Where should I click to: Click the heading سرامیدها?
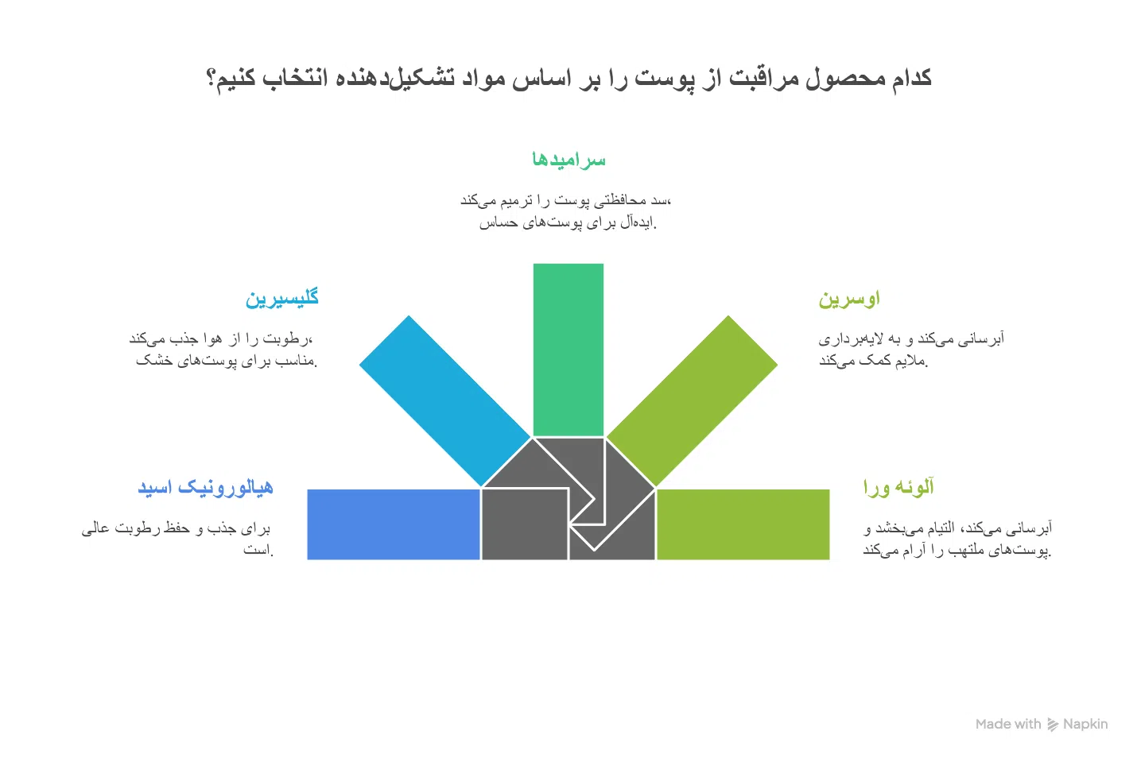click(568, 160)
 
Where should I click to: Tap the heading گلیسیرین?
click(281, 298)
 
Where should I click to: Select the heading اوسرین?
click(848, 298)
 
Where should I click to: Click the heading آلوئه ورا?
click(898, 487)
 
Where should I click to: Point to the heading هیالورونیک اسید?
click(206, 487)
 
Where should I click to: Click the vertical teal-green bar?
click(568, 350)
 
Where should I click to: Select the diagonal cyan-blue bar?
click(445, 400)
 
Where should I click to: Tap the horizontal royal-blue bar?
click(394, 524)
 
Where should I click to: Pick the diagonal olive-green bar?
click(692, 400)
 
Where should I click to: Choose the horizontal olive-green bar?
click(743, 524)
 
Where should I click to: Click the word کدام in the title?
click(912, 78)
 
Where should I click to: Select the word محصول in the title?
click(846, 79)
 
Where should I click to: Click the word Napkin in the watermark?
click(1085, 724)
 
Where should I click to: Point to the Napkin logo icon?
click(1053, 725)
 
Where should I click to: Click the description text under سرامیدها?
click(566, 211)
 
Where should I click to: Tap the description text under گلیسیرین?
click(223, 349)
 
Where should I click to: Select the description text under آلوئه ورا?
click(957, 539)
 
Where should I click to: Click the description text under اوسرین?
click(911, 349)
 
